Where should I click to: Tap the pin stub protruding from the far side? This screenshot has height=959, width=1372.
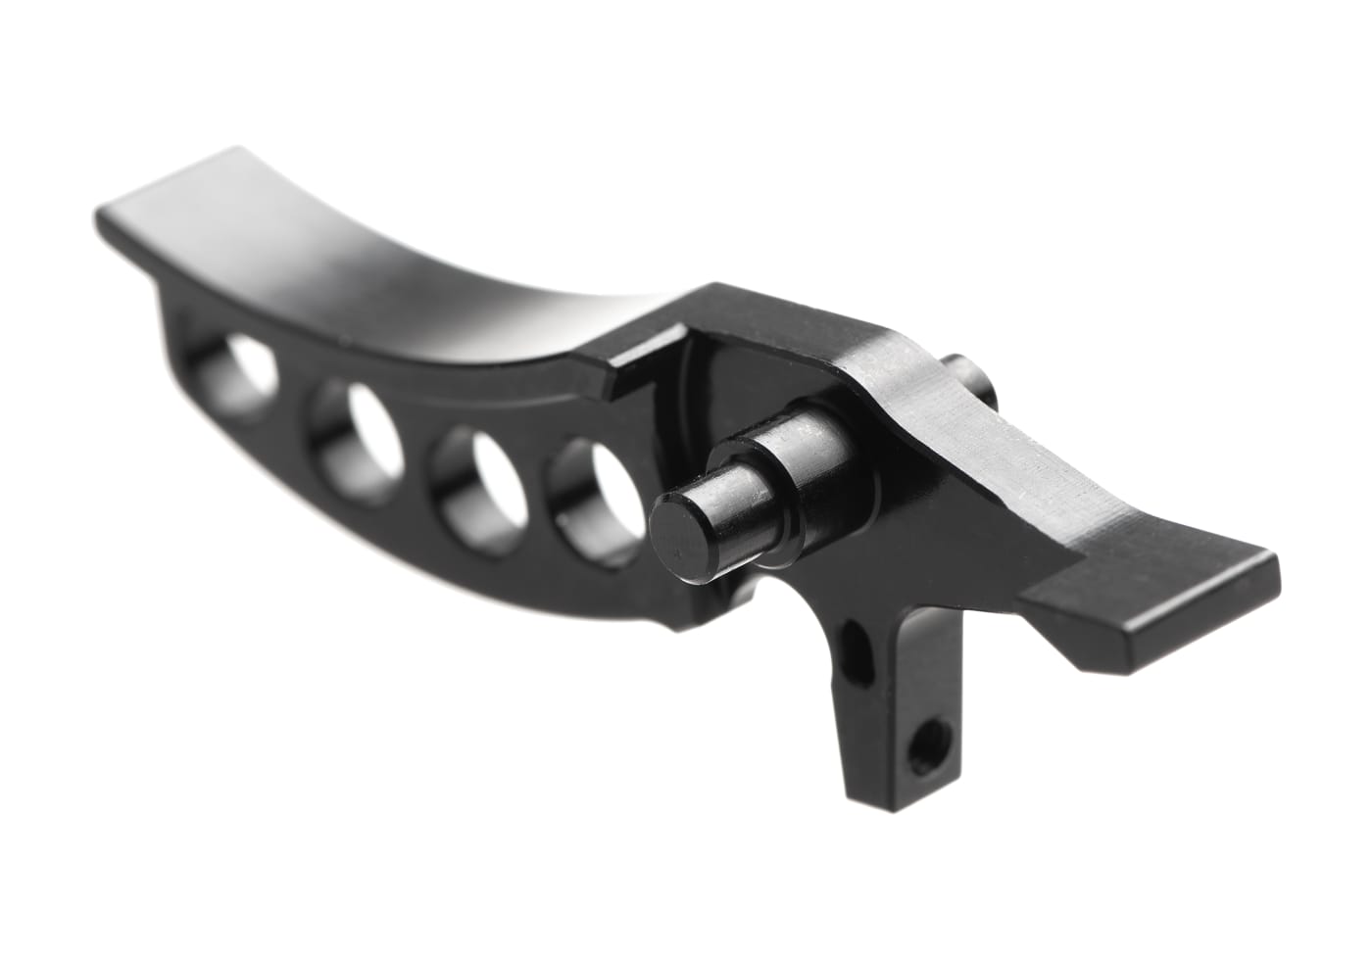coord(969,386)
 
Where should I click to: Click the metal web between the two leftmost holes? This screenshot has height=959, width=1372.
coord(294,392)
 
